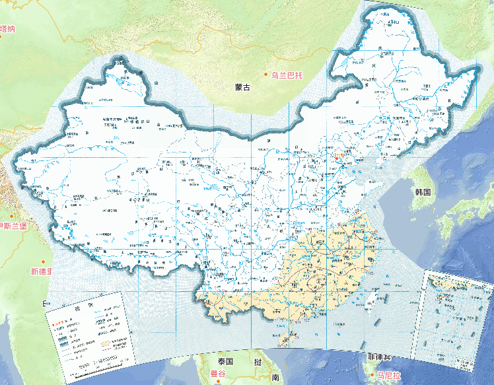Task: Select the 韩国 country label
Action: tap(423, 192)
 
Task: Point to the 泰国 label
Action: tap(225, 362)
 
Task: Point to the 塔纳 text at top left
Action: tap(7, 28)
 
